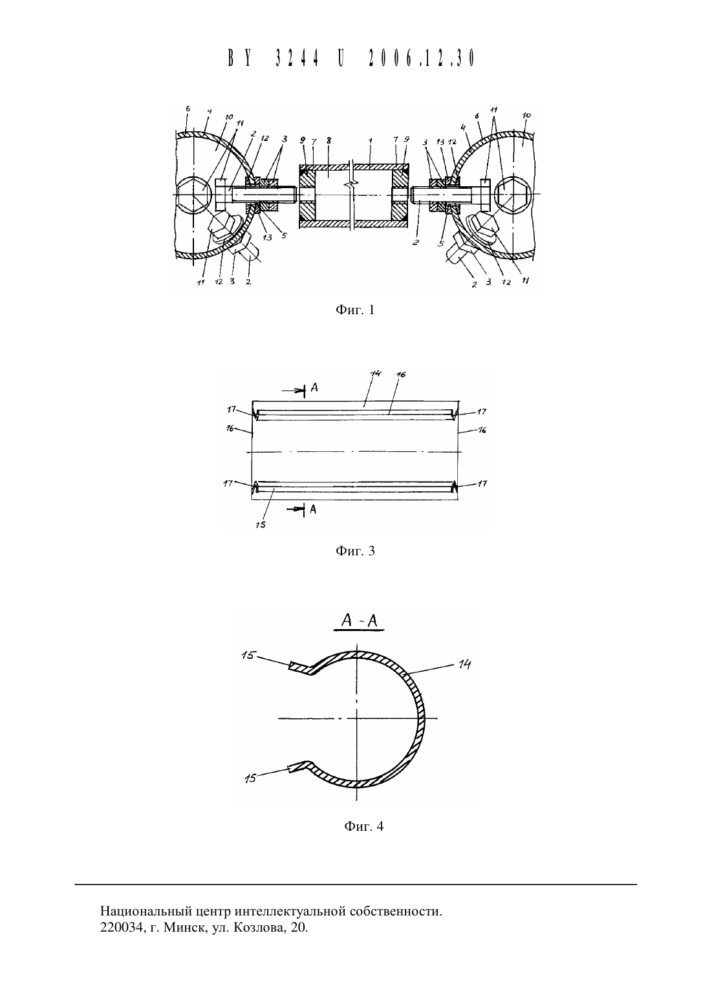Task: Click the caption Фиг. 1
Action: (x=355, y=310)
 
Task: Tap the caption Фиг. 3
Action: (x=355, y=551)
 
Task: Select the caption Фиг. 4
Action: (x=364, y=826)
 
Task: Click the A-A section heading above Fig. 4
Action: (x=360, y=621)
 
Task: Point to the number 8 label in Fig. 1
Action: (x=329, y=140)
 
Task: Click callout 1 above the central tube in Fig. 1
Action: (x=370, y=140)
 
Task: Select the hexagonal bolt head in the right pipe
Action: (x=512, y=194)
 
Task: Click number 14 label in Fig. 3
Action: (x=376, y=374)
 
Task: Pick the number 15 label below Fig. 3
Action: (x=261, y=524)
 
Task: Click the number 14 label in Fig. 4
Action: (x=464, y=664)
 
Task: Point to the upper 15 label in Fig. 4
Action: (x=248, y=656)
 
